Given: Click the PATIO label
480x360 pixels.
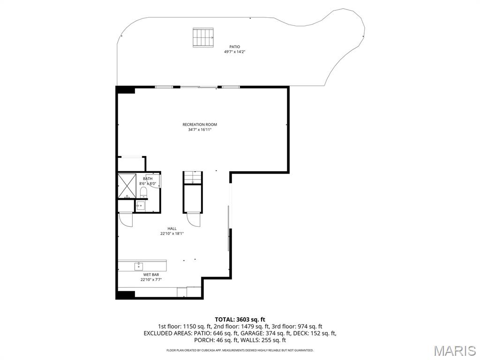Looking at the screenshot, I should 234,47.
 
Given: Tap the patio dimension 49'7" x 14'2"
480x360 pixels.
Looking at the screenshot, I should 234,52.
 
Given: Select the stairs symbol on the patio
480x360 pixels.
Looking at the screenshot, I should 202,37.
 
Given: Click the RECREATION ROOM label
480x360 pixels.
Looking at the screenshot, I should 200,124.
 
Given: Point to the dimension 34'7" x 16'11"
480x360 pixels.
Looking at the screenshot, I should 200,130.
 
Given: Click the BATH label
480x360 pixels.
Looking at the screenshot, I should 148,179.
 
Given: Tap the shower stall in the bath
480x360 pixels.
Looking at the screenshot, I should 127,186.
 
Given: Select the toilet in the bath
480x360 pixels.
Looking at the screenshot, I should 143,193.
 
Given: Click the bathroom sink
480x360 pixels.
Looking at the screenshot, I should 140,206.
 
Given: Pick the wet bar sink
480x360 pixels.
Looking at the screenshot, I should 139,267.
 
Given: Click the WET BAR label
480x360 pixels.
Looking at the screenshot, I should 148,275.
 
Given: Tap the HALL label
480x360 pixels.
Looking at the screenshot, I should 172,228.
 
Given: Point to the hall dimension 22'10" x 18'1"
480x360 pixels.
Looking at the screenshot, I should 172,233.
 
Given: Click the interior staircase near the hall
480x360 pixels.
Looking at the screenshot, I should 193,178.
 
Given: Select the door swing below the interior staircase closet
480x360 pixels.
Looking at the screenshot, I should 193,219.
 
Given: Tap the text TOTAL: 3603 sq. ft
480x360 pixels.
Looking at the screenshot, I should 240,319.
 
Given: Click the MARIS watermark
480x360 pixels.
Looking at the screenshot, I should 454,351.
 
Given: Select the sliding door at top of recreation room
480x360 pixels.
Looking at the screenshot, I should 199,87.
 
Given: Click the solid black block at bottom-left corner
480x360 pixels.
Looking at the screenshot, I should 126,295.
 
